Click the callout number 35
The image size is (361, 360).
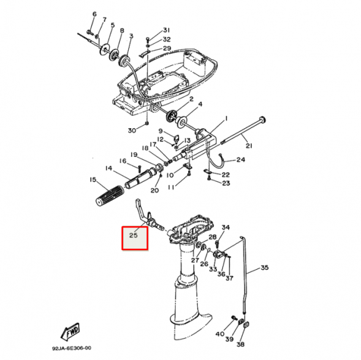pyautogui.click(x=265, y=267)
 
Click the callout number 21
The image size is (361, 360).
pyautogui.click(x=249, y=145)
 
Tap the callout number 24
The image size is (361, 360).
pyautogui.click(x=240, y=160)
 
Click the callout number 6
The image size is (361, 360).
pyautogui.click(x=94, y=13)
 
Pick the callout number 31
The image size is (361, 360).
pyautogui.click(x=167, y=30)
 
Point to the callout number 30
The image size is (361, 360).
pyautogui.click(x=131, y=130)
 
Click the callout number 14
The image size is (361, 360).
pyautogui.click(x=108, y=168)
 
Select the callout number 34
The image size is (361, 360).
pyautogui.click(x=225, y=228)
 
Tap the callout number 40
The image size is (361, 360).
pyautogui.click(x=219, y=334)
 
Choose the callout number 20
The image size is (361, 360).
pyautogui.click(x=154, y=190)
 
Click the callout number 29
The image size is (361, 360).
pyautogui.click(x=167, y=48)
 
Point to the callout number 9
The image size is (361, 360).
pyautogui.click(x=160, y=131)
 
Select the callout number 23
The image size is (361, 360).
pyautogui.click(x=226, y=183)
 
